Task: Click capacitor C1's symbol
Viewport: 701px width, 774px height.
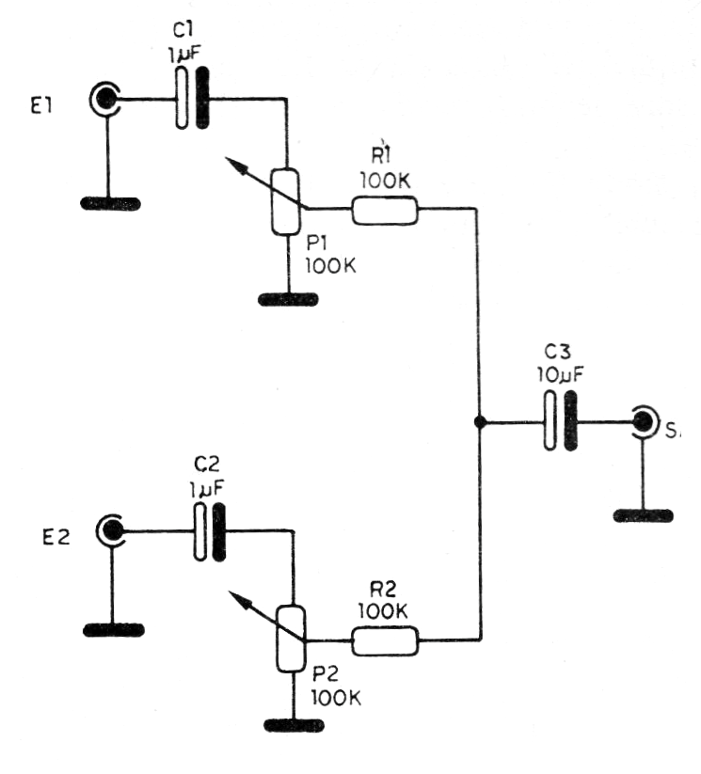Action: point(192,98)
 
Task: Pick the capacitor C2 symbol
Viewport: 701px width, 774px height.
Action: point(210,532)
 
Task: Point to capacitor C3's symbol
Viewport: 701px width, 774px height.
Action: point(559,422)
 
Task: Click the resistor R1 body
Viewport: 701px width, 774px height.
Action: point(384,211)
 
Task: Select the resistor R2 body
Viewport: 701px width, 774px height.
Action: point(384,641)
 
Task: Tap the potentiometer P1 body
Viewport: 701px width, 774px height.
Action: point(284,201)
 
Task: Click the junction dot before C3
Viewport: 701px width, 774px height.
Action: point(480,422)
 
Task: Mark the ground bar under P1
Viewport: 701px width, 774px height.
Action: point(287,299)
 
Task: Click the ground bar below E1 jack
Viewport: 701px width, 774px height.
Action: point(111,203)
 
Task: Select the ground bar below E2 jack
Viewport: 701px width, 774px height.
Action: point(112,629)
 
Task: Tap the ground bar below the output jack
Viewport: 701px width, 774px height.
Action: point(644,514)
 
